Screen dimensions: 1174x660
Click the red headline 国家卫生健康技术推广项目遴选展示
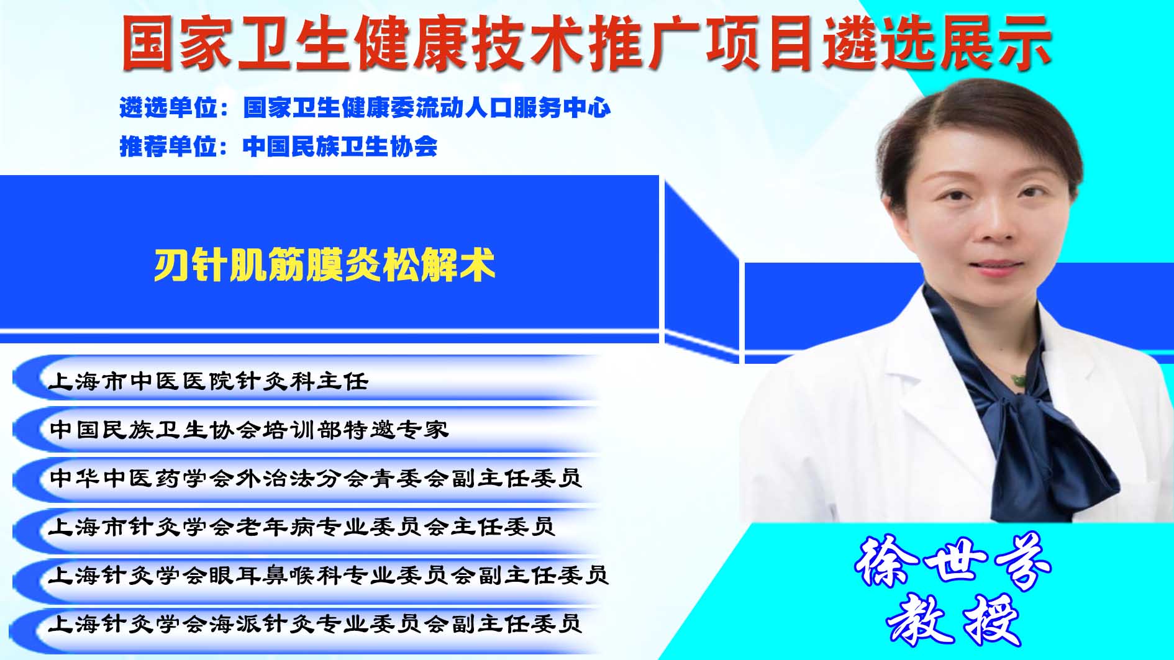[x=586, y=43]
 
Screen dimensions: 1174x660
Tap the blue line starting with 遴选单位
[x=365, y=108]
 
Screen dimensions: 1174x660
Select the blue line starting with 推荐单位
[x=278, y=147]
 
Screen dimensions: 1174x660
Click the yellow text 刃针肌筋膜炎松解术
[x=324, y=265]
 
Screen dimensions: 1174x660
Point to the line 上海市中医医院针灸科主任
[x=208, y=381]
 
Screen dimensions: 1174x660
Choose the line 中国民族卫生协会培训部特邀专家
[x=248, y=429]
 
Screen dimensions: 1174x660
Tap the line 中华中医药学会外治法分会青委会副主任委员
[x=316, y=477]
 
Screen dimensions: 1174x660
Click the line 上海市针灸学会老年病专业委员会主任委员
[x=302, y=527]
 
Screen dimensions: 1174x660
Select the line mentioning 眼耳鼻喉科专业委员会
[x=329, y=575]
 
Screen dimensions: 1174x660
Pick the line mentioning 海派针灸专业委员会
[x=316, y=623]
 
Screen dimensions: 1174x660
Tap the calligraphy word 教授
[x=953, y=620]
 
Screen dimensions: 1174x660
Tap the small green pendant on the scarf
[x=1017, y=379]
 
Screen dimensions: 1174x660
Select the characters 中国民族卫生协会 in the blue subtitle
[x=340, y=147]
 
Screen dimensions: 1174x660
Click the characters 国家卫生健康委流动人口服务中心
[x=427, y=108]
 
